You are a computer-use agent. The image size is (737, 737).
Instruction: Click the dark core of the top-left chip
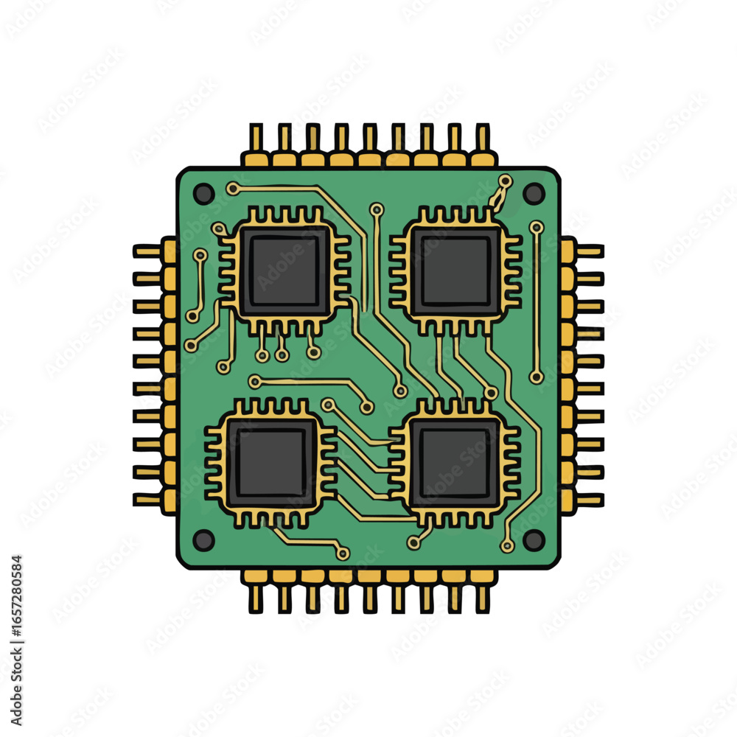[x=284, y=271]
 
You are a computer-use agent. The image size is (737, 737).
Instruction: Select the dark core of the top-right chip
[x=455, y=271]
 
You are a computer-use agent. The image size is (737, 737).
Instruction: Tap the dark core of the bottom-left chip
[x=271, y=463]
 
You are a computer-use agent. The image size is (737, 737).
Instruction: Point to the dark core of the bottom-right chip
[x=454, y=463]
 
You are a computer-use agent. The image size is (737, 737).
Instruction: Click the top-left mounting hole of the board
[x=203, y=194]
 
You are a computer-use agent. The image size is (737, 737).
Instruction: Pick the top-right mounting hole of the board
[x=534, y=193]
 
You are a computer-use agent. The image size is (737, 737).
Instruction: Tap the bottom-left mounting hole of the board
[x=203, y=539]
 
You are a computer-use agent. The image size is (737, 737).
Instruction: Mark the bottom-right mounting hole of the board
[x=534, y=540]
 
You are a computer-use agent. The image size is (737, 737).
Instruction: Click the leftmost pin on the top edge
[x=256, y=144]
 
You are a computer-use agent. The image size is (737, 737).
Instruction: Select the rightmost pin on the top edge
[x=483, y=144]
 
